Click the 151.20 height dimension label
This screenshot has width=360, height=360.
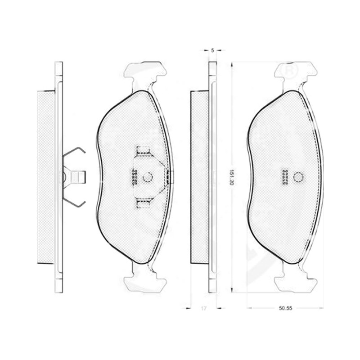(x=231, y=177)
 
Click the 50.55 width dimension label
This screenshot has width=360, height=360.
(x=285, y=308)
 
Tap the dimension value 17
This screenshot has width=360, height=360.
(x=204, y=308)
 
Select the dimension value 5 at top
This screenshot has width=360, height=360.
(x=212, y=50)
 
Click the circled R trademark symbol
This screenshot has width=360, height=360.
(x=290, y=70)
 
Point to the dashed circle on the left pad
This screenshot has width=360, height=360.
(x=148, y=177)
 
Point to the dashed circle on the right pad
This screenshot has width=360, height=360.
(x=298, y=177)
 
